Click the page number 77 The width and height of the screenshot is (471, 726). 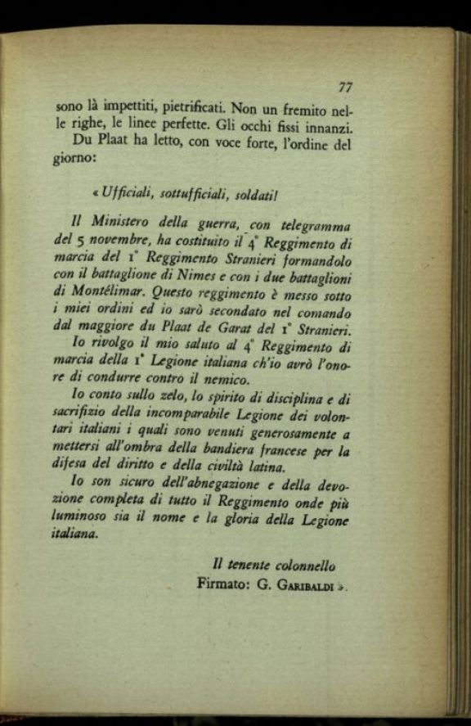pos(344,88)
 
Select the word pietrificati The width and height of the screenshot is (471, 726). pos(180,108)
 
